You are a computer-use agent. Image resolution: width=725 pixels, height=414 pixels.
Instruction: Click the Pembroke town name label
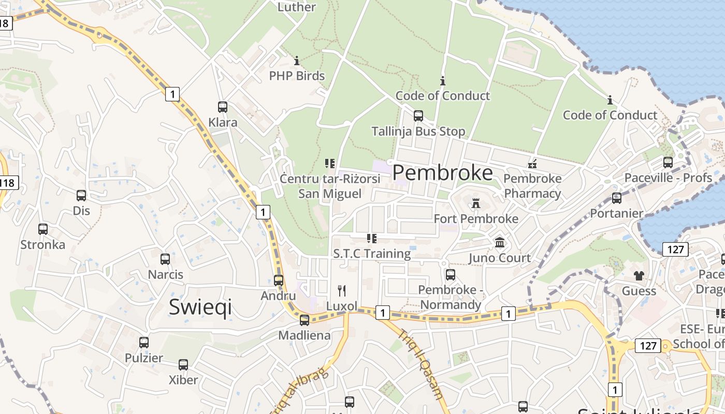point(442,173)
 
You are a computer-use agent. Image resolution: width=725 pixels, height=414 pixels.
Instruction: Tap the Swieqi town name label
point(200,307)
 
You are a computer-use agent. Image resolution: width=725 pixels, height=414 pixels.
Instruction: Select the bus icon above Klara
point(223,107)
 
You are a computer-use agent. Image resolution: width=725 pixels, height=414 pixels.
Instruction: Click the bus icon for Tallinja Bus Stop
point(418,116)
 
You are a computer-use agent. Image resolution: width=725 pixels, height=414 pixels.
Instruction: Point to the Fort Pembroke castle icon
point(476,203)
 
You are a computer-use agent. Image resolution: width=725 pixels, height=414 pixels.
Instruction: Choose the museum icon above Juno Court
point(500,242)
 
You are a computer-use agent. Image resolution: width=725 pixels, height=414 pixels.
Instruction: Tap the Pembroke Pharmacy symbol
point(532,164)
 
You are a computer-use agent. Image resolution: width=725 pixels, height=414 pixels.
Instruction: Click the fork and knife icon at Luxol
point(341,290)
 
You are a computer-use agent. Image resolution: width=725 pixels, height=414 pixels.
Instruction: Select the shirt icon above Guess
point(639,276)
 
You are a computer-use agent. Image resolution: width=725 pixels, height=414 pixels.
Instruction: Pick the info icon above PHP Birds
point(297,61)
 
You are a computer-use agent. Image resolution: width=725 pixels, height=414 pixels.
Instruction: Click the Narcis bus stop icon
point(165,259)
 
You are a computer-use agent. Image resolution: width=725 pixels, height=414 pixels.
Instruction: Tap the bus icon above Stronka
point(43,229)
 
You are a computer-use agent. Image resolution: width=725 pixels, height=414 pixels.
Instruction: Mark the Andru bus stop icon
point(279,280)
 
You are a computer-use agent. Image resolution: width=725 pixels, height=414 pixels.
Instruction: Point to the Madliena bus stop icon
point(304,320)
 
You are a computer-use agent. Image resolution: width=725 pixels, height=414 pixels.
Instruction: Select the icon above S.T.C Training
point(371,239)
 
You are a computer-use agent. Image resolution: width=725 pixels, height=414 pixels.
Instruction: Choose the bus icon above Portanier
point(616,198)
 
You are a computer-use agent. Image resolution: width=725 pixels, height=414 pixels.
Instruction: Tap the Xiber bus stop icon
point(183,365)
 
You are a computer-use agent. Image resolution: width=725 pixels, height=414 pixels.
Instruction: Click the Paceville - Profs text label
point(668,178)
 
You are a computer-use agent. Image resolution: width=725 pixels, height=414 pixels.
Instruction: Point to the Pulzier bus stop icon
point(144,343)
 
